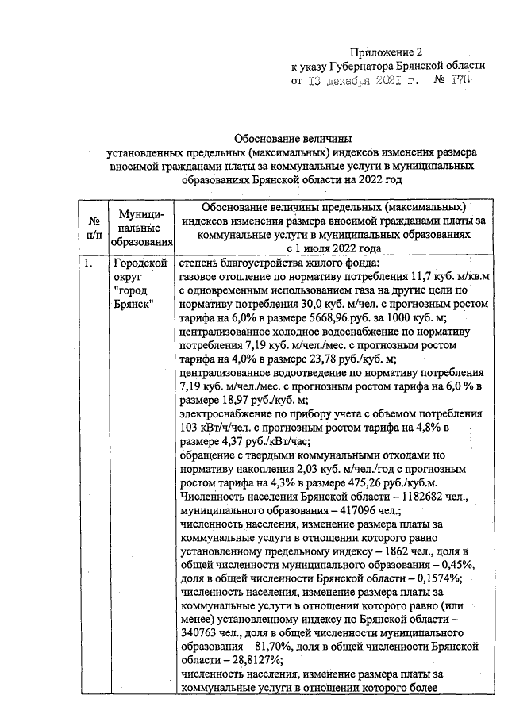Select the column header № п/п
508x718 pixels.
[94, 227]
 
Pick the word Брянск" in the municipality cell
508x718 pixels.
[134, 305]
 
